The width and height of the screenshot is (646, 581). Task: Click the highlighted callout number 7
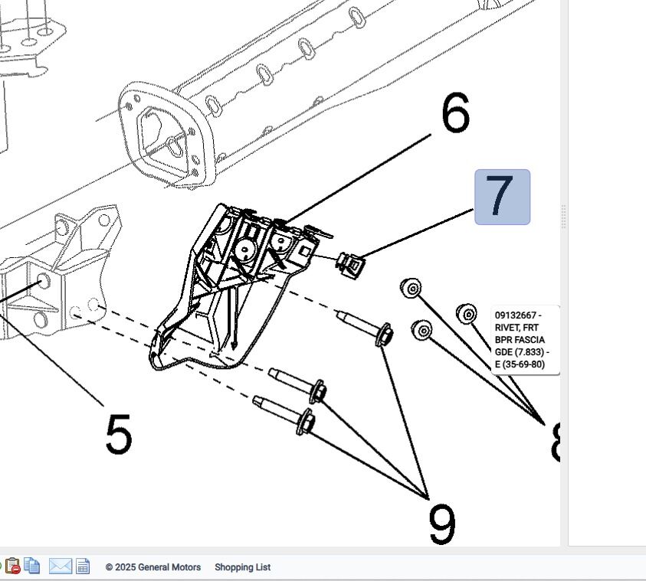[x=502, y=197]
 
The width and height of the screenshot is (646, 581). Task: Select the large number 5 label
[x=118, y=433]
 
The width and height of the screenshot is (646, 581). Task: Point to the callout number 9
[x=442, y=524]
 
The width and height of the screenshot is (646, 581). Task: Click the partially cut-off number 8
[x=556, y=442]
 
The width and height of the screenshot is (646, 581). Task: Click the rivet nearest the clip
[x=412, y=288]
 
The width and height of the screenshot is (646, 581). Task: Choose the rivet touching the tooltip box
[x=467, y=313]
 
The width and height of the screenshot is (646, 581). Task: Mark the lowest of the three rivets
[x=422, y=330]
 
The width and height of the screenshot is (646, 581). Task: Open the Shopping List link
[x=242, y=567]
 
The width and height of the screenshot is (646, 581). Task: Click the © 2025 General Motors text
[x=153, y=567]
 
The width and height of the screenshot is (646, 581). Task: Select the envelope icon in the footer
[x=61, y=566]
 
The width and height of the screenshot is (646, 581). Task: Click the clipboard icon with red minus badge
[x=12, y=567]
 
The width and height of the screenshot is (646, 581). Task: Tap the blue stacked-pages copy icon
[x=32, y=566]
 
